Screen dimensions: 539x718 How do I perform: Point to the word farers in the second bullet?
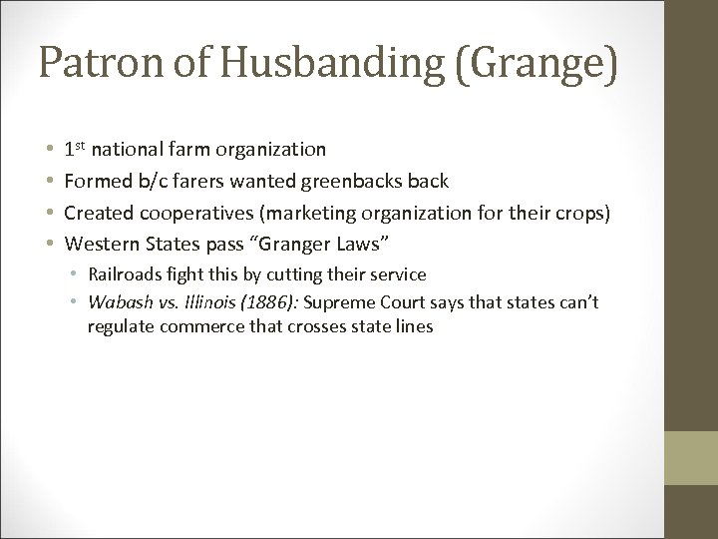[x=204, y=181]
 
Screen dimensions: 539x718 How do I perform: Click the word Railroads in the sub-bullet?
[x=124, y=274]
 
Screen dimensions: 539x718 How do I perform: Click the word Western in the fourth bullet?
[x=97, y=245]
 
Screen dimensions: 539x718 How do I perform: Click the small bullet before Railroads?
[x=74, y=274]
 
